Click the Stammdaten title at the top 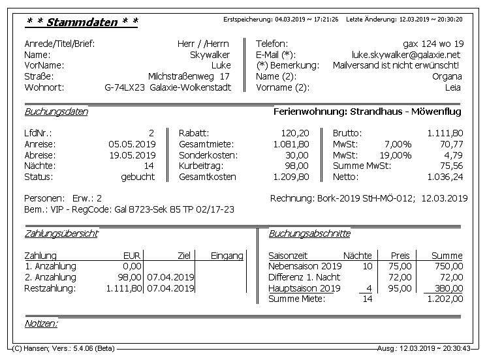82,22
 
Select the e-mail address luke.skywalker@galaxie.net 406,55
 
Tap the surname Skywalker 210,55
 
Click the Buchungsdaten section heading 56,112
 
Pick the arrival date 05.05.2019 132,143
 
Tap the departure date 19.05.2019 132,155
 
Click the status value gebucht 138,177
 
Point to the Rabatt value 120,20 294,132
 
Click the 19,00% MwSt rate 397,155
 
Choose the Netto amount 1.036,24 445,177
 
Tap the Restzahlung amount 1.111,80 124,288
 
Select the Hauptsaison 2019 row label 304,288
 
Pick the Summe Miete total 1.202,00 444,299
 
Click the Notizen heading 40,323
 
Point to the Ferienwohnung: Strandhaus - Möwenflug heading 367,112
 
